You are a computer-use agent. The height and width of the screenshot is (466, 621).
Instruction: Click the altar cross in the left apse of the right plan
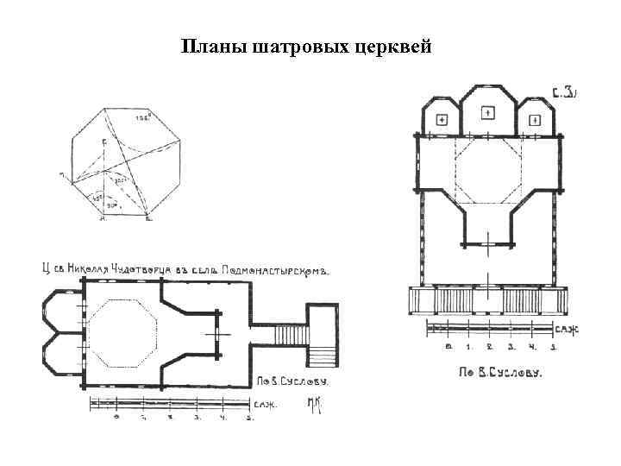[x=441, y=119]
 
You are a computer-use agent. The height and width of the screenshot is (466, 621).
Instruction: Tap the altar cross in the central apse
[x=486, y=111]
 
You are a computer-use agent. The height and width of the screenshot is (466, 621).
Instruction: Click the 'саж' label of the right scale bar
[x=567, y=330]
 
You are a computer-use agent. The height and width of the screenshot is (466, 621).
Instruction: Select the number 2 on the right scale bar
[x=489, y=347]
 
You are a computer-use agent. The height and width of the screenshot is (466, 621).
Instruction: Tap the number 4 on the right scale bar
[x=531, y=347]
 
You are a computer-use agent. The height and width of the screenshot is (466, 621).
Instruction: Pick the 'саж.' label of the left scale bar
[x=264, y=404]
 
